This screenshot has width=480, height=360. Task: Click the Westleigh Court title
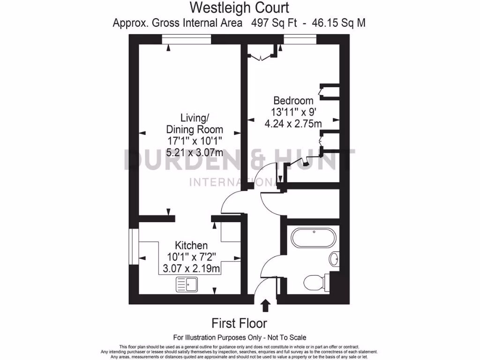(239, 8)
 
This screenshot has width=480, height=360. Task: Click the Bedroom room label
(293, 100)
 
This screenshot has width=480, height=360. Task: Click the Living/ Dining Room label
(195, 123)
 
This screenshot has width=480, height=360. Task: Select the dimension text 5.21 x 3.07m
(195, 153)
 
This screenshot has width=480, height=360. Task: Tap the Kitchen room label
(191, 246)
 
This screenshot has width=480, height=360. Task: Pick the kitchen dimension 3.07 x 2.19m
(191, 269)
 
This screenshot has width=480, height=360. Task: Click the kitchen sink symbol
(187, 284)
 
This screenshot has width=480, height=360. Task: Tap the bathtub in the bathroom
(313, 238)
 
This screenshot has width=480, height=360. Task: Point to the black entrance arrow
(265, 306)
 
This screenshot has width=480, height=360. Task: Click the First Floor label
(239, 323)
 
